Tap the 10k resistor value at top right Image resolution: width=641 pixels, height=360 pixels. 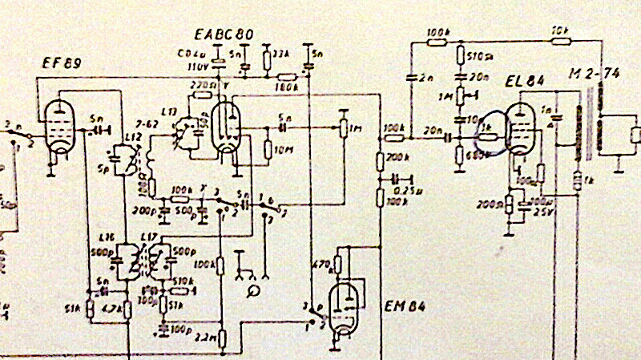pyautogui.click(x=559, y=32)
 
